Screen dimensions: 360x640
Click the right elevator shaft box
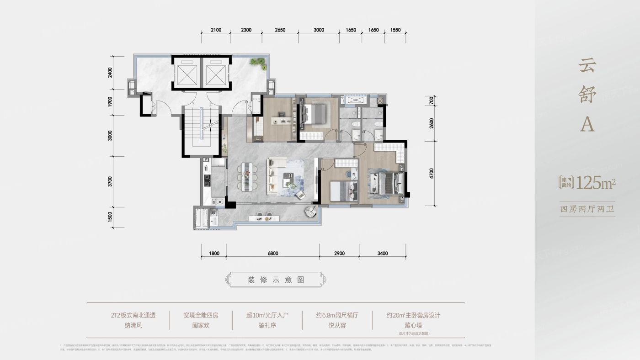(216, 73)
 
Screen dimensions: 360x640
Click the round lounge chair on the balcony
(311, 211)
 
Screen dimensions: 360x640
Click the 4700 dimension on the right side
(431, 174)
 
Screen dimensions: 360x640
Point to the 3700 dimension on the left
(110, 181)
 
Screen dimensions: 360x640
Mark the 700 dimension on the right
(431, 101)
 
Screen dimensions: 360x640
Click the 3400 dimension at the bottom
(383, 254)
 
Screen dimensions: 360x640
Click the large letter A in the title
(587, 124)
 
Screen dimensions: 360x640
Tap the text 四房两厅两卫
(587, 210)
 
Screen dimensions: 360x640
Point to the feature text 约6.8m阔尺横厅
(337, 315)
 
